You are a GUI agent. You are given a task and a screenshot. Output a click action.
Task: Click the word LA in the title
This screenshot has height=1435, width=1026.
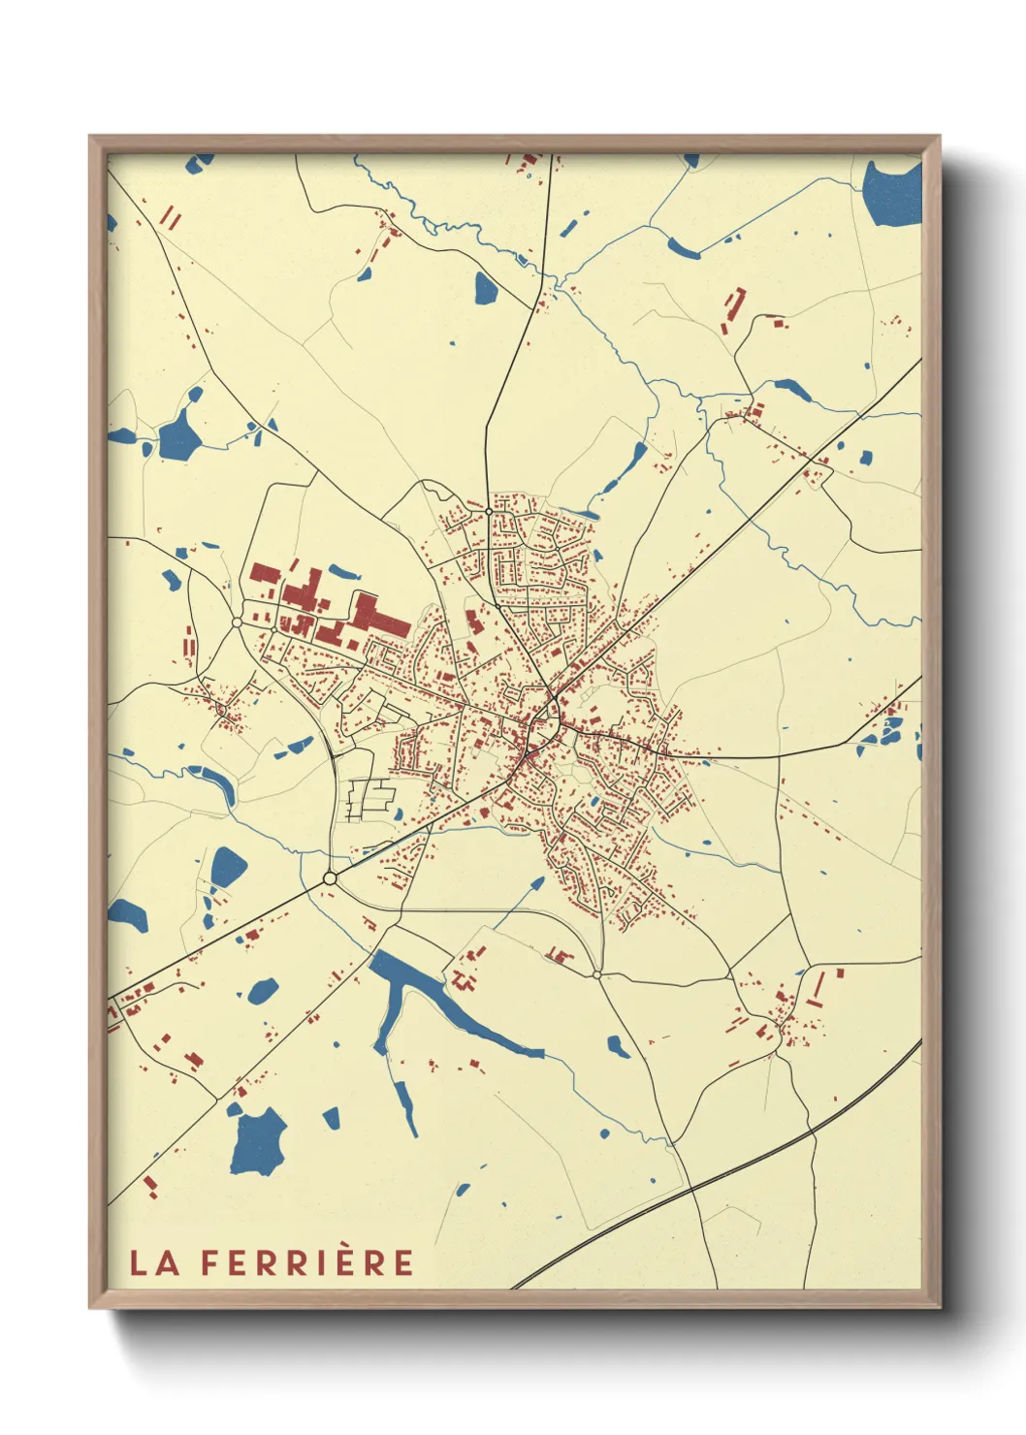click(x=154, y=1262)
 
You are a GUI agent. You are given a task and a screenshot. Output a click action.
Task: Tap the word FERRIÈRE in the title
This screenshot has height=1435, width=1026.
click(x=307, y=1262)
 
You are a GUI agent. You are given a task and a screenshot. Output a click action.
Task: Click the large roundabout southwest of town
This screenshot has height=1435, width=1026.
click(x=330, y=878)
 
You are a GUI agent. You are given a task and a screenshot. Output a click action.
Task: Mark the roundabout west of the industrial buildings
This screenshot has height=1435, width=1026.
click(x=237, y=622)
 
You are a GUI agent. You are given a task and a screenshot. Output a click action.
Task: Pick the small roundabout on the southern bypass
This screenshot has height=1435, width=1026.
click(x=596, y=973)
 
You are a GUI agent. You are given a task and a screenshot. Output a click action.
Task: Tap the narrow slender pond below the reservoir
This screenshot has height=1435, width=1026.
click(x=404, y=1106)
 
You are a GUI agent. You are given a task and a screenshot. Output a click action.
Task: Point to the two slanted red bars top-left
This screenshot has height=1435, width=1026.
click(x=170, y=217)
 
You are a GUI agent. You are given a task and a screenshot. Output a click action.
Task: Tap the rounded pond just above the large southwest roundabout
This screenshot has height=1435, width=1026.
click(x=229, y=866)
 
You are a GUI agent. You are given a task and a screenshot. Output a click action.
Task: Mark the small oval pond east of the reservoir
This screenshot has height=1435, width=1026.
click(x=616, y=1046)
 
